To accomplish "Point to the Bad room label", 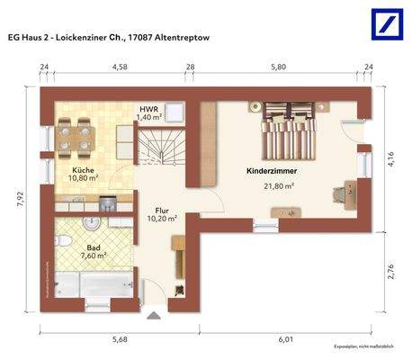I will point(93,245).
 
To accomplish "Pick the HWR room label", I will point(148,108).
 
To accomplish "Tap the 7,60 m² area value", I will point(93,255).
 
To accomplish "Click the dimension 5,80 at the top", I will point(277,67).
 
